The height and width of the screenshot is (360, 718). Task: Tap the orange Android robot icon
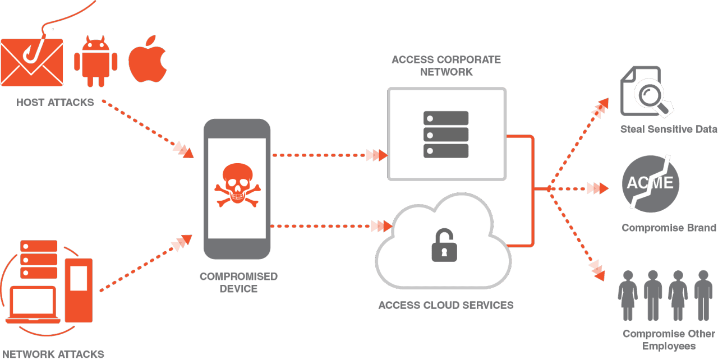click(96, 62)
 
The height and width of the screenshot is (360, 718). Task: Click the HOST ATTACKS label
click(55, 103)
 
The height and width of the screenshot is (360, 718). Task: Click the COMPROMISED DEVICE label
click(238, 283)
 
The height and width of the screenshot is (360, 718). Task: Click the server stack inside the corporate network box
click(446, 134)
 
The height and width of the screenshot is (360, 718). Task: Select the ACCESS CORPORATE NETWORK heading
click(446, 66)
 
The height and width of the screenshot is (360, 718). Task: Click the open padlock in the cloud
click(444, 245)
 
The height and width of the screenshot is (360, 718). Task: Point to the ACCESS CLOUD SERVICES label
click(446, 306)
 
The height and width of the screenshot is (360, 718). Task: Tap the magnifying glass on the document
click(651, 96)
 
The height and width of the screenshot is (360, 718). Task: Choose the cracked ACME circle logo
click(651, 184)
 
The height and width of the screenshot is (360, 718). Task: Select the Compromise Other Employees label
click(669, 340)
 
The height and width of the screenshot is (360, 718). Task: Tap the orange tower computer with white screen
click(79, 289)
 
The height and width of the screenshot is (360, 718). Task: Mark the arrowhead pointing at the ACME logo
click(597, 188)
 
